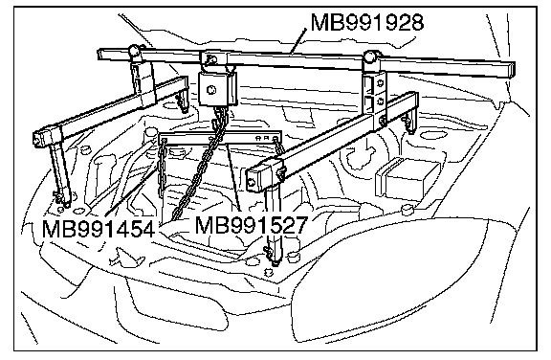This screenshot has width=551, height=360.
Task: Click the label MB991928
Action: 367,23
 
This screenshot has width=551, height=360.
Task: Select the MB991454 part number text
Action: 98,229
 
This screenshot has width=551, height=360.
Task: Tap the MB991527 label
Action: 252,225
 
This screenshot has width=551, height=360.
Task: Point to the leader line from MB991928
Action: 298,41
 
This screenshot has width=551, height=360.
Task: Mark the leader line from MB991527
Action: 233,178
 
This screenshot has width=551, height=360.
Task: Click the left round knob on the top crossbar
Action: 134,51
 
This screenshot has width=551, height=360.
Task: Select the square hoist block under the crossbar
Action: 218,88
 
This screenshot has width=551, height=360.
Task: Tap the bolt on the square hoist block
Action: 211,90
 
